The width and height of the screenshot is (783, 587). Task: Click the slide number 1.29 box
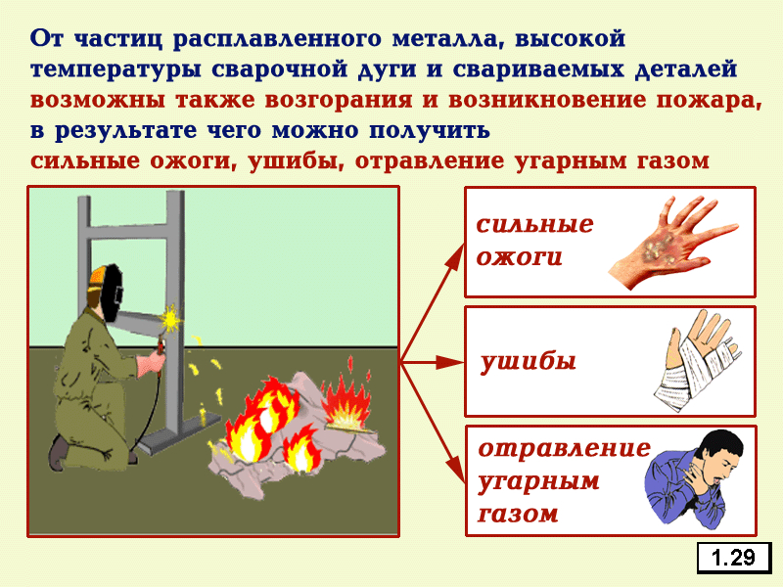point(734,557)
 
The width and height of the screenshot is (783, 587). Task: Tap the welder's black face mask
point(111,293)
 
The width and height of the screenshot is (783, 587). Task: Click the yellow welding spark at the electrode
point(171,319)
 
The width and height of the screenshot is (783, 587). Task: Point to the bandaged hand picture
point(698,360)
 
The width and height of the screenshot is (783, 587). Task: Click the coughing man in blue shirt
point(693,479)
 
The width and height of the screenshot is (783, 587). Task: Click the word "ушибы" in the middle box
point(529,361)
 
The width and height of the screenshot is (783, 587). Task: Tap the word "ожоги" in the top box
point(520,257)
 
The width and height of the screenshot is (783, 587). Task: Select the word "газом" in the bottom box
point(518,515)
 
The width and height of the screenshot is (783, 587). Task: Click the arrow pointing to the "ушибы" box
point(433,362)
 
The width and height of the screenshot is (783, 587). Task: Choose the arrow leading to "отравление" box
point(433,423)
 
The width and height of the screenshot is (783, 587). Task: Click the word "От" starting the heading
point(47,39)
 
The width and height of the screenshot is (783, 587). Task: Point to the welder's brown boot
point(59,452)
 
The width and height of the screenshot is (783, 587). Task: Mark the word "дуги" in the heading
point(387,70)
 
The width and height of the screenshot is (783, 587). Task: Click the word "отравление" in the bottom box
point(565,449)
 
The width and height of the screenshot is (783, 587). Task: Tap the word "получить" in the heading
point(430,131)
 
